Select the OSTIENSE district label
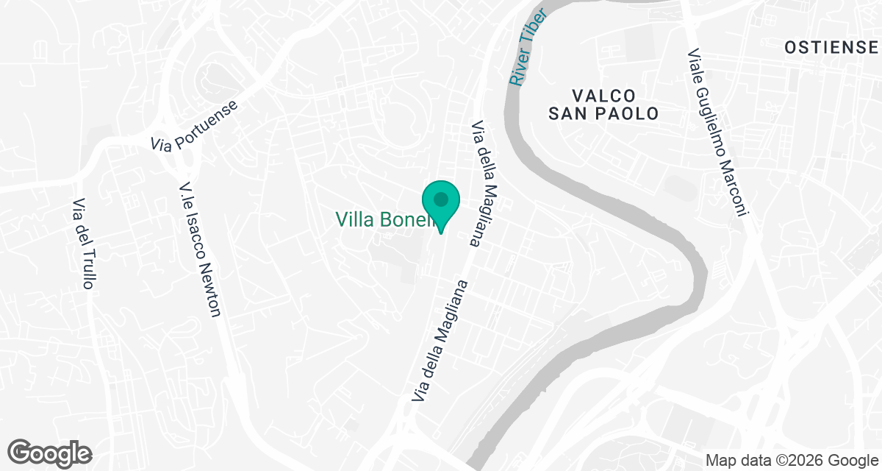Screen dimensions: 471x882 pyautogui.click(x=831, y=48)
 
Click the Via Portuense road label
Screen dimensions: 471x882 pyautogui.click(x=195, y=126)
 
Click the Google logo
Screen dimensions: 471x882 pyautogui.click(x=50, y=453)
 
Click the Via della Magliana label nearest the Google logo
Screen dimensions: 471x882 pyautogui.click(x=440, y=341)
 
